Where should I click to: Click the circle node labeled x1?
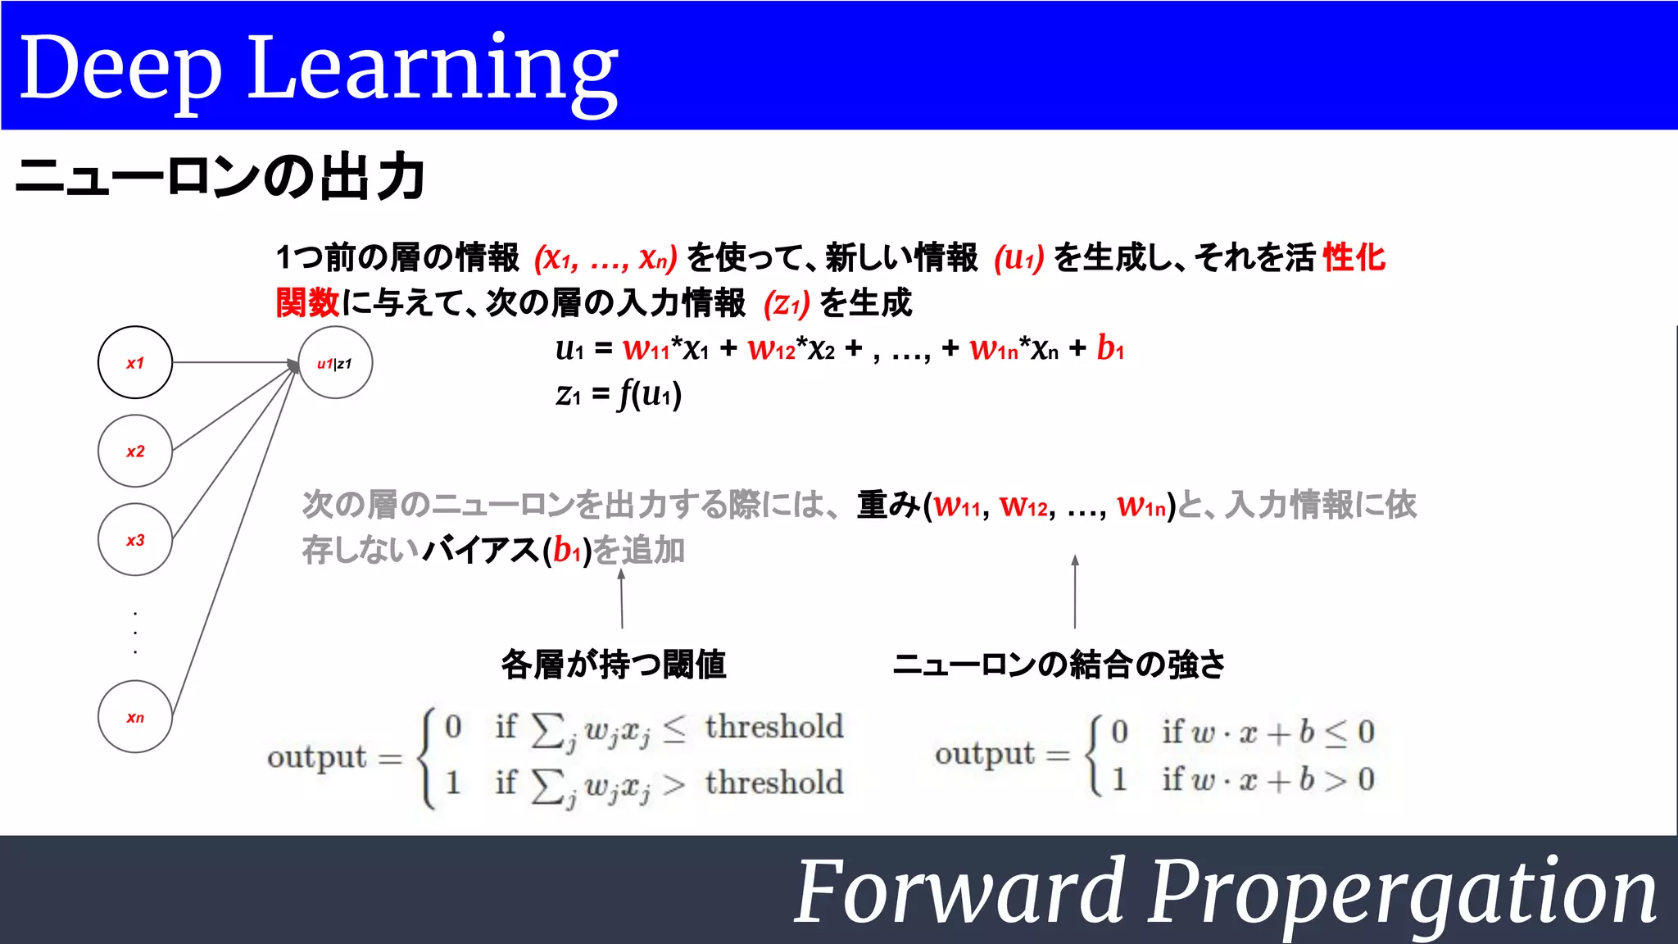135,362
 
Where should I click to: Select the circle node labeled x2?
135,451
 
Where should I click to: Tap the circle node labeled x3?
135,539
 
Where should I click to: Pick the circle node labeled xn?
135,717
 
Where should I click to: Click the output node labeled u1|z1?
335,363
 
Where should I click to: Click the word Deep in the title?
120,69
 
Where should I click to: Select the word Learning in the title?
432,69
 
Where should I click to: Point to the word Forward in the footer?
959,892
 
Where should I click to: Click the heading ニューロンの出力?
220,177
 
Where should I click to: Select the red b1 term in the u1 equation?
1110,348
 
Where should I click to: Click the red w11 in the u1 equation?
646,349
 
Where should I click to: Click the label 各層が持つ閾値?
614,664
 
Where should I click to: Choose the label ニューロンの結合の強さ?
1059,664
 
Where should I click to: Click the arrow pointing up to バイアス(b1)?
622,599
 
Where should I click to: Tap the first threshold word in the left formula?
773,727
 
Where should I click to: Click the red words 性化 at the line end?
1354,257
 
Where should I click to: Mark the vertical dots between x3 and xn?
135,632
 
